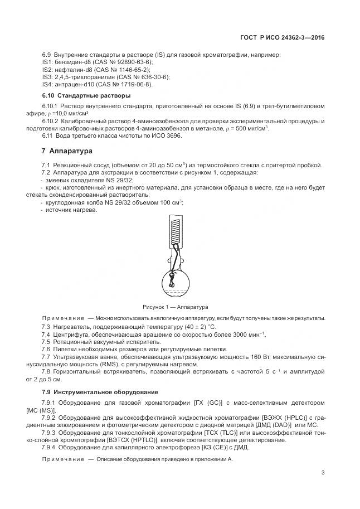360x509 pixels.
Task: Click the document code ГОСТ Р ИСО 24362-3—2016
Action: click(x=282, y=38)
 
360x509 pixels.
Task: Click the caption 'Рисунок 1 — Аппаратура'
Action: click(x=175, y=307)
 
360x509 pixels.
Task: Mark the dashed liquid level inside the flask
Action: click(x=174, y=290)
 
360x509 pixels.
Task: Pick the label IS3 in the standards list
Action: click(x=47, y=76)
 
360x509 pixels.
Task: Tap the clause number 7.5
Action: click(x=47, y=341)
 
